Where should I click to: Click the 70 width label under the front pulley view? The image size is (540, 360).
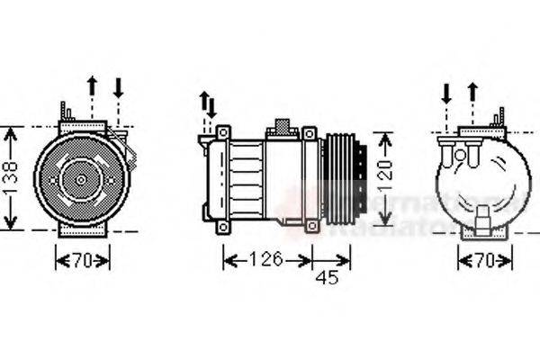(x=83, y=261)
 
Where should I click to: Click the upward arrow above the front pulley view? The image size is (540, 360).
(x=91, y=88)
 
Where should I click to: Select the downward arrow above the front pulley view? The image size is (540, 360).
(x=119, y=88)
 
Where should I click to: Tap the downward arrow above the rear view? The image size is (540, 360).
(x=445, y=93)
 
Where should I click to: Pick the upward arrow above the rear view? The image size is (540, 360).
(x=472, y=91)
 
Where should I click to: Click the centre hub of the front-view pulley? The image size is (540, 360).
(x=81, y=179)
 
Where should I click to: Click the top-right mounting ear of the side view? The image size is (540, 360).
(x=310, y=134)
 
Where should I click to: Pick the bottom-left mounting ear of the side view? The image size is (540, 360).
(x=220, y=226)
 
